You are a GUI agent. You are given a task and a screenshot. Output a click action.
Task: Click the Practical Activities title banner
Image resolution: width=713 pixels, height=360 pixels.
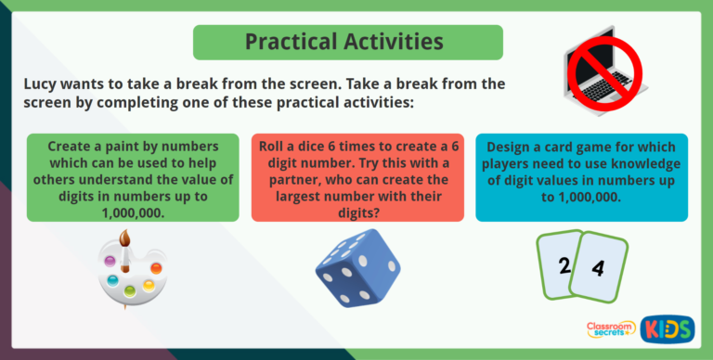[x=347, y=42]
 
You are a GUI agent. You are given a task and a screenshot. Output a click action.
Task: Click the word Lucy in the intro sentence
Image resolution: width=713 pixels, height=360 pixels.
[x=43, y=84]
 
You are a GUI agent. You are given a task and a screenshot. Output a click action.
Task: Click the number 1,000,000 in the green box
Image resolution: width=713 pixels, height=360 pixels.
[x=127, y=212]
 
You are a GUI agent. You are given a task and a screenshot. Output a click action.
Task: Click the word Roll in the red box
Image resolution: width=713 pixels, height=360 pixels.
[x=276, y=147]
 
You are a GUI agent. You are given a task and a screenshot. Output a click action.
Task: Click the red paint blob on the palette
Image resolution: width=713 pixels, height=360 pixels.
[x=156, y=268]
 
